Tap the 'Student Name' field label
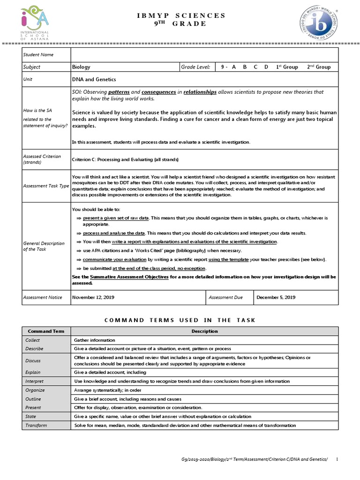tap(38, 55)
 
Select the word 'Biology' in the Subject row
tap(81, 67)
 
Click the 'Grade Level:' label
tap(195, 67)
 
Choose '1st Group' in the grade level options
tap(286, 67)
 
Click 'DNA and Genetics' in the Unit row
tap(94, 80)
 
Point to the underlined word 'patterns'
tap(119, 92)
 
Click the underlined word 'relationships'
tap(200, 92)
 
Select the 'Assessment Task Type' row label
tap(46, 186)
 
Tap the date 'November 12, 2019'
tap(93, 297)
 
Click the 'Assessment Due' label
tap(226, 297)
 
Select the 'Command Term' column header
tap(46, 331)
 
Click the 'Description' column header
tap(204, 331)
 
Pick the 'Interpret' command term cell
tap(34, 382)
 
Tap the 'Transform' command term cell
tap(36, 425)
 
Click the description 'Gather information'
tap(95, 340)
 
